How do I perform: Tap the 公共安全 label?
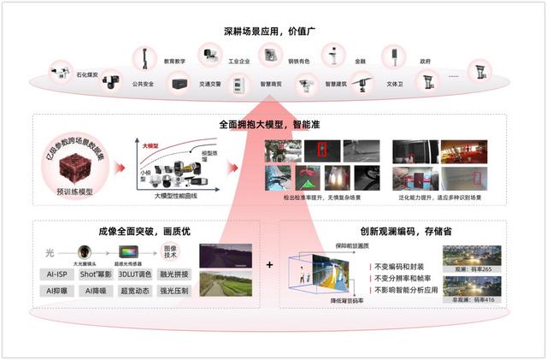click(143, 84)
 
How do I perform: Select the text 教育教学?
click(174, 62)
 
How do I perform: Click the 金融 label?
click(360, 62)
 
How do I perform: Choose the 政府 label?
click(425, 62)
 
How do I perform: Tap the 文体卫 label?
click(395, 84)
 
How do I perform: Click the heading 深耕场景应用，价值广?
click(273, 32)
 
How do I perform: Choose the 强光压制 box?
click(173, 291)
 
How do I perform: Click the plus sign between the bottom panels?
click(269, 265)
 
